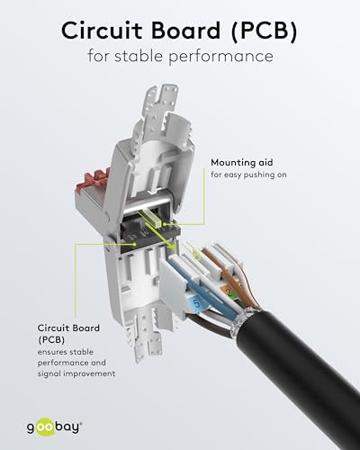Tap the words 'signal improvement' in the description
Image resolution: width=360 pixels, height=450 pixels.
pos(76,373)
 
